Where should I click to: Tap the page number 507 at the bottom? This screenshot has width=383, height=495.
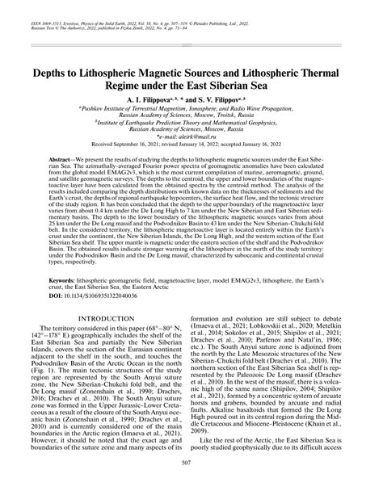191,483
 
